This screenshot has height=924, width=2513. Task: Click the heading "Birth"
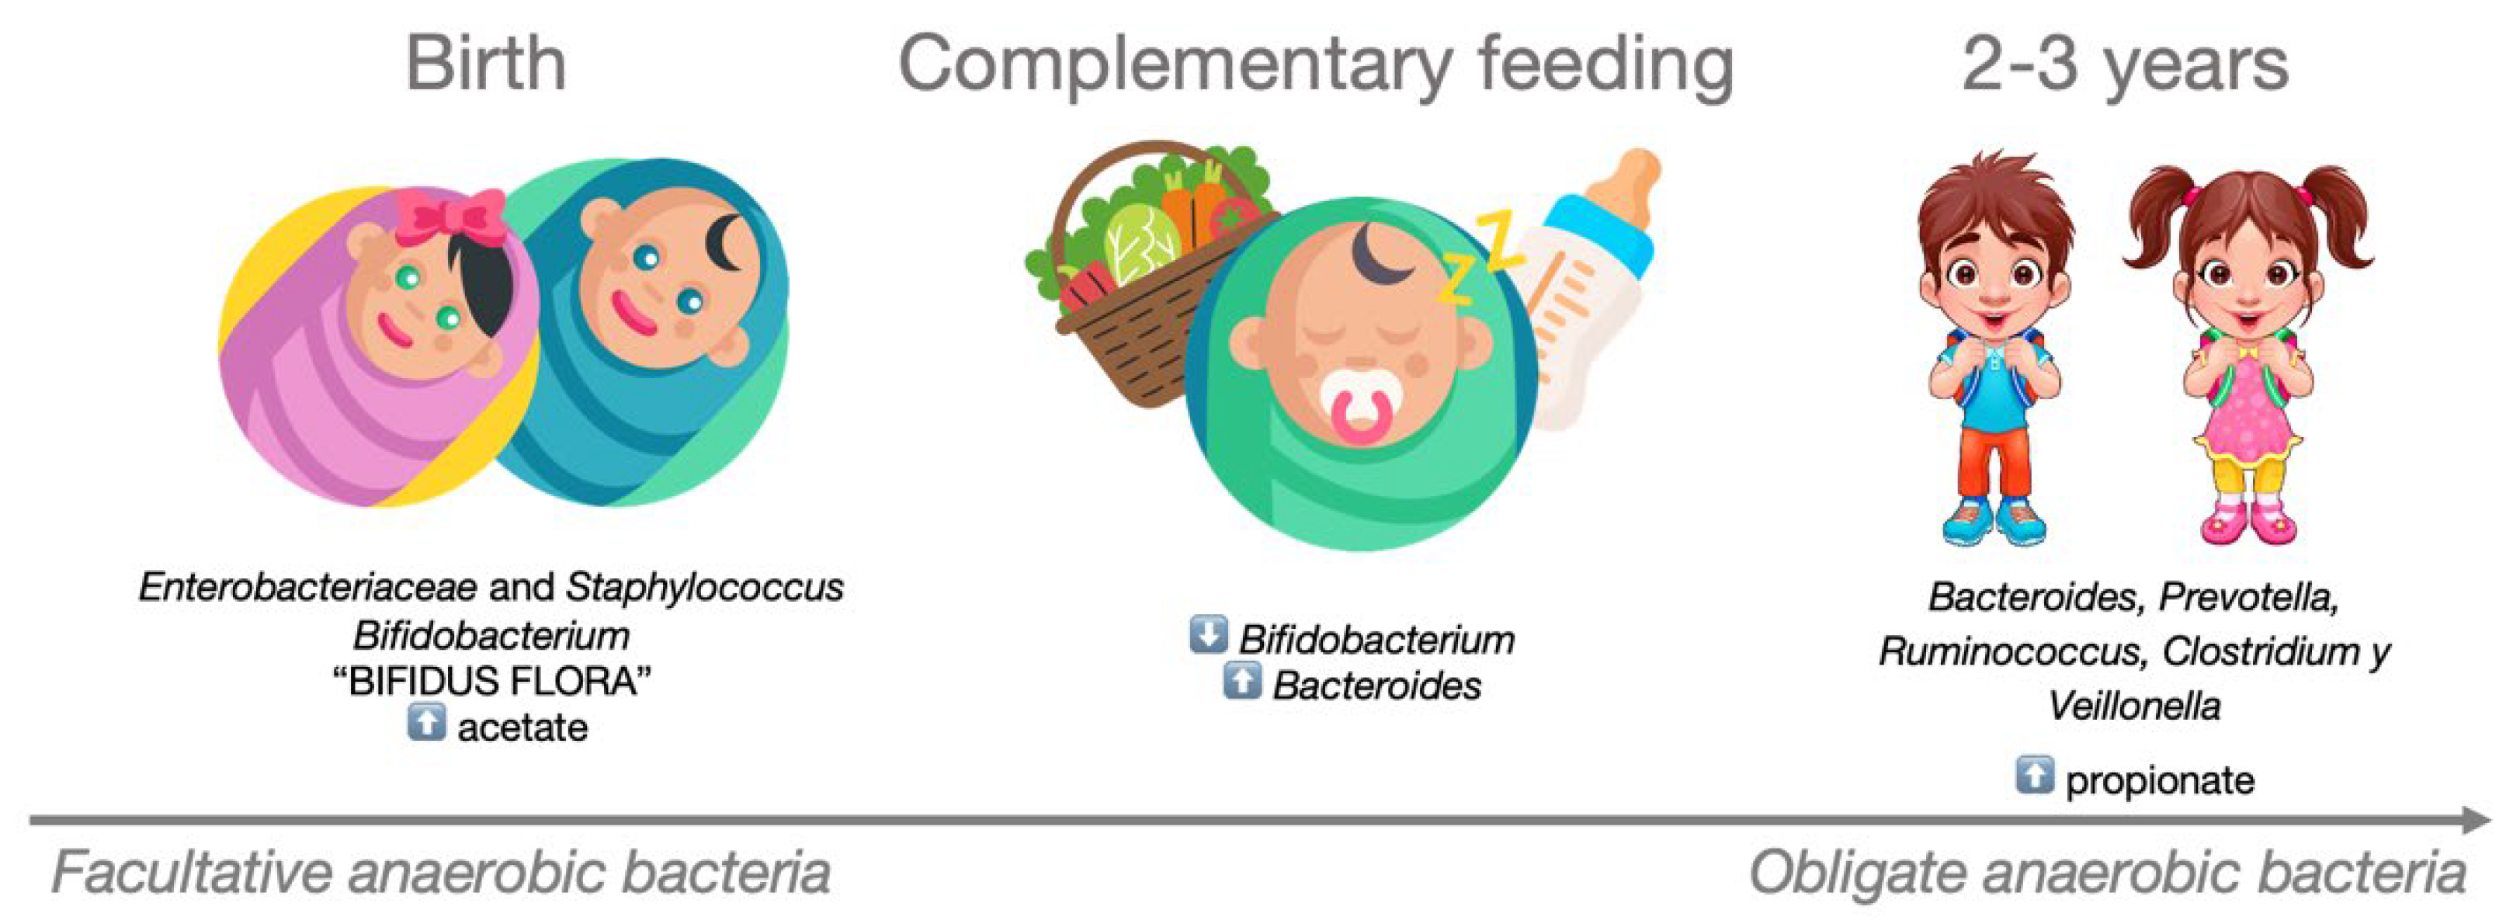click(x=486, y=64)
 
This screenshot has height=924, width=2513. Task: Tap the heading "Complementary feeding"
click(x=1315, y=64)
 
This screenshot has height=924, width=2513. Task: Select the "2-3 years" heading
click(x=2125, y=64)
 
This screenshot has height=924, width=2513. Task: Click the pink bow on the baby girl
click(x=451, y=217)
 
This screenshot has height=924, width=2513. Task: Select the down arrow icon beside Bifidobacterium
click(x=1209, y=634)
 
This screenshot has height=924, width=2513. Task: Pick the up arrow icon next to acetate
click(x=426, y=723)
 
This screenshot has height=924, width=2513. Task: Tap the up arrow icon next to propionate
click(x=2034, y=776)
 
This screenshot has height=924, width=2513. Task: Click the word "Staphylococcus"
click(x=704, y=586)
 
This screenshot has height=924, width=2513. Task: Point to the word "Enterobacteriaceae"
click(x=307, y=586)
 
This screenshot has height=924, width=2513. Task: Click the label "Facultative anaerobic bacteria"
click(x=441, y=872)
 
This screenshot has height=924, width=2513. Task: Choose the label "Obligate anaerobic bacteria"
click(x=2107, y=872)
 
